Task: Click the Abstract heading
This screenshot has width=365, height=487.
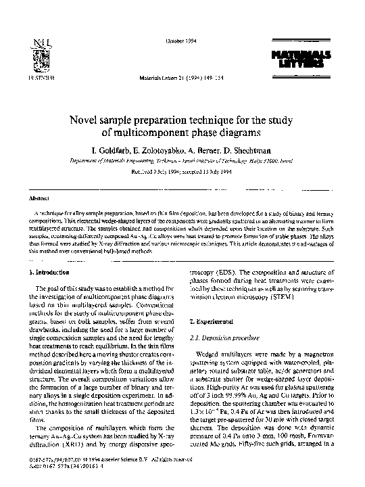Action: [37, 200]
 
